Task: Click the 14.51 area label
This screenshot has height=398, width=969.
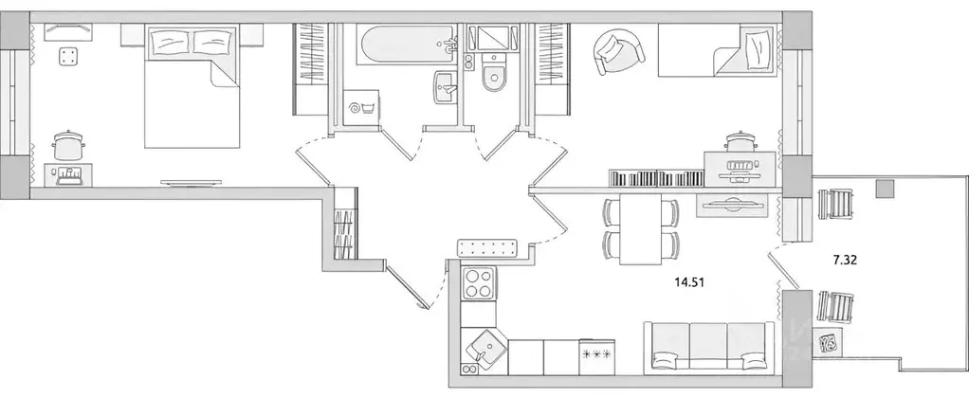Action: tap(690, 280)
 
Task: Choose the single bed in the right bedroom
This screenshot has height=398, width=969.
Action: tap(717, 57)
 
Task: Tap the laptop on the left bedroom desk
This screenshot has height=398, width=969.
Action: tap(69, 174)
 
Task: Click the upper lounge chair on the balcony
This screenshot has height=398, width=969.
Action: tap(835, 204)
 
